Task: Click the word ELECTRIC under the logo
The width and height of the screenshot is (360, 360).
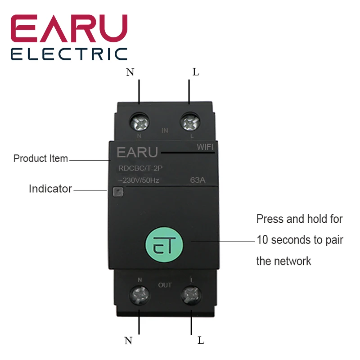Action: (69, 54)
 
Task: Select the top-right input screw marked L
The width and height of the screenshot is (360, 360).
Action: (189, 121)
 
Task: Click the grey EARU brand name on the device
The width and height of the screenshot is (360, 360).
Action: (137, 153)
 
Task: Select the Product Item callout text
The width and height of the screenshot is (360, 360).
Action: (40, 158)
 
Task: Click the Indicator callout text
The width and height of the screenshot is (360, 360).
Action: (50, 189)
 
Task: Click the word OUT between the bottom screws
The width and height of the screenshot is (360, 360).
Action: (165, 285)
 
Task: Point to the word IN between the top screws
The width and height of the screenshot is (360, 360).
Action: (165, 130)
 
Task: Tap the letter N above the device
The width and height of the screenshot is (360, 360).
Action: (130, 72)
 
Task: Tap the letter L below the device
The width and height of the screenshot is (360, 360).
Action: (201, 341)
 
